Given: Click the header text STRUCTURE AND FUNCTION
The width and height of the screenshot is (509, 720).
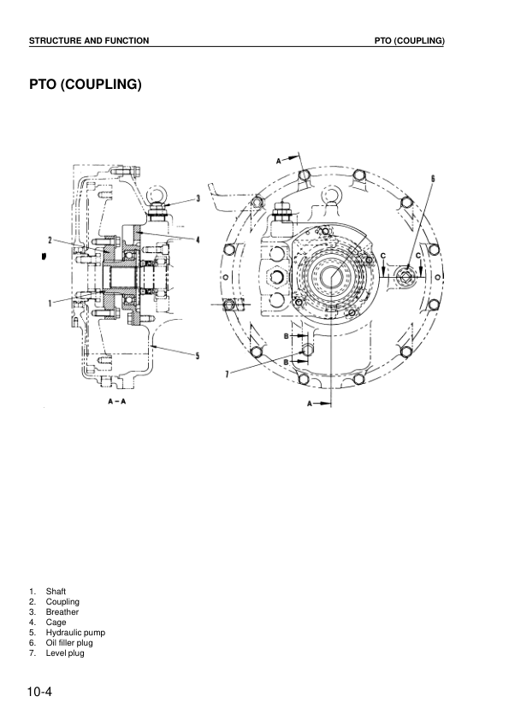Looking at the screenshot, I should click(89, 40).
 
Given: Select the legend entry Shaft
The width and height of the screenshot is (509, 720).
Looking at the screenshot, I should click(56, 592).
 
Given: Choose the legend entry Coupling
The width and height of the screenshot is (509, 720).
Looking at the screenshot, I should click(62, 602).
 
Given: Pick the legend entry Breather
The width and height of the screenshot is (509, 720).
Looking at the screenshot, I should click(62, 612).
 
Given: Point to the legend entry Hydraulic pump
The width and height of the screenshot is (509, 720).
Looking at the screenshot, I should click(75, 633).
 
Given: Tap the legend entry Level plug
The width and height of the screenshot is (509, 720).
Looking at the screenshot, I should click(65, 653).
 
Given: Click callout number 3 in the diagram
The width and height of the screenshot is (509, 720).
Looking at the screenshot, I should click(198, 198).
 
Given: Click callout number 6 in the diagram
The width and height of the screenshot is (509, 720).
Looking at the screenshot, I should click(433, 179).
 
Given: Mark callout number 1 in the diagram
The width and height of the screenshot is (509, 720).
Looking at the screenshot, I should click(51, 302).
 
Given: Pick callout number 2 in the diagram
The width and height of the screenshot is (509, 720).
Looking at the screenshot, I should click(50, 239).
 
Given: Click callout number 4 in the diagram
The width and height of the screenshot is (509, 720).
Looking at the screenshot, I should click(198, 240).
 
